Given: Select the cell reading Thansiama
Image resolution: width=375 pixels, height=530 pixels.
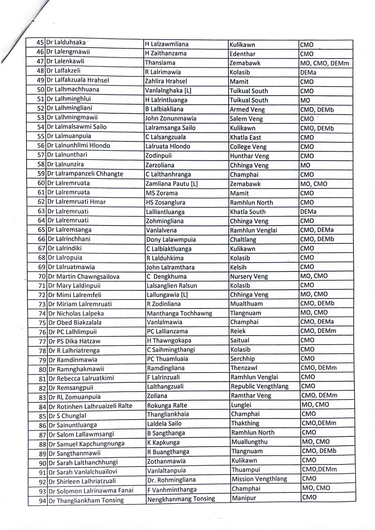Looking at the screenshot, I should click(160, 63).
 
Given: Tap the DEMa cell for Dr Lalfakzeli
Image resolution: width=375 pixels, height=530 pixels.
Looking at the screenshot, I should click(308, 72).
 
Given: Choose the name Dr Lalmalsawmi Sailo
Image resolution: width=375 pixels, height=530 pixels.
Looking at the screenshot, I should click(77, 127).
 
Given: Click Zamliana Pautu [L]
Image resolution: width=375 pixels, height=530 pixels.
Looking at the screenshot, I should click(171, 184).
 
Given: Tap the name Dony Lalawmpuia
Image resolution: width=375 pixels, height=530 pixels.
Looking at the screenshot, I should click(171, 240).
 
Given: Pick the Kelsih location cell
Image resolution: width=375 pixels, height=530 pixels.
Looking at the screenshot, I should click(238, 267).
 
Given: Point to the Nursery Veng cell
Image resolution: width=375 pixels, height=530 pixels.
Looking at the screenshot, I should click(249, 276).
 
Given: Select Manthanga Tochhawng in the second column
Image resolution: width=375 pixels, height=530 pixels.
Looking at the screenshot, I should click(179, 313).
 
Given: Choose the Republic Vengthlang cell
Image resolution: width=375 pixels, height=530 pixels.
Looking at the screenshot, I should click(260, 386).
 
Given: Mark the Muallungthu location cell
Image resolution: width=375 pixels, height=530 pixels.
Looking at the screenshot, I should click(249, 442).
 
